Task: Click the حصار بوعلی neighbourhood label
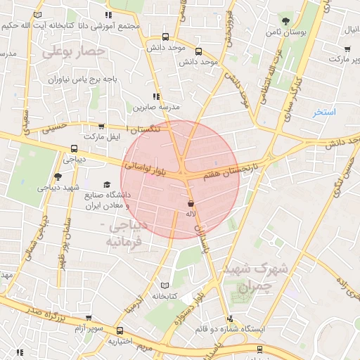point(73,51)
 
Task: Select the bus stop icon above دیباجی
point(74,148)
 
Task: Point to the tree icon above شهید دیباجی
point(58,177)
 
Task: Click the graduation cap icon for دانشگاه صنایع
point(106,185)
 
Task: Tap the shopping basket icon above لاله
point(191,202)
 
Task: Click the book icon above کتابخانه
point(165,285)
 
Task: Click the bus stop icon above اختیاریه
point(120,330)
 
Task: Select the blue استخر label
point(324,112)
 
